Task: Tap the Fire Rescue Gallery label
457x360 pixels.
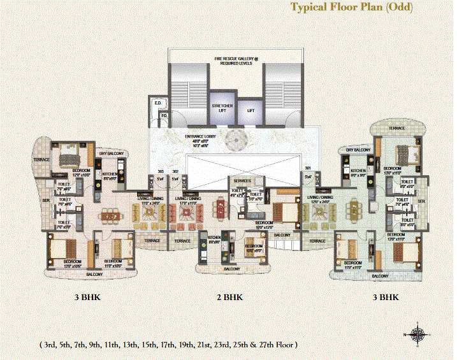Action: click(235, 61)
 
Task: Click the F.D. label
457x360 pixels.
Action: click(164, 115)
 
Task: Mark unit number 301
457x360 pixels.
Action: click(308, 169)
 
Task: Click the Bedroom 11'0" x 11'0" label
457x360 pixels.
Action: click(352, 264)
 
